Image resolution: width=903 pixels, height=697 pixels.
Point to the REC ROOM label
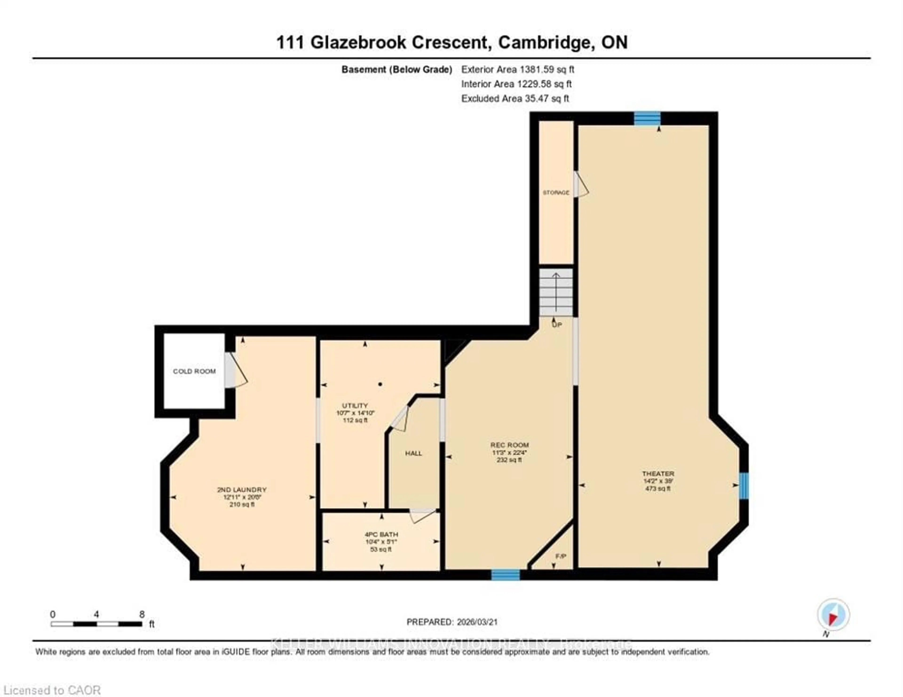coord(509,445)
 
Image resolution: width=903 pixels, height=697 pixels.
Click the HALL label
coord(413,453)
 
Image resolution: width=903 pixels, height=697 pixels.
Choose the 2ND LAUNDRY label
coord(242,490)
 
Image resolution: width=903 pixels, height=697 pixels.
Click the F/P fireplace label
coord(561,556)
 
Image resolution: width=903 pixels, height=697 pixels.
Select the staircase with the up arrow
coord(556,292)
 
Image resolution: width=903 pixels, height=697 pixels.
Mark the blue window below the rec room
coord(505,574)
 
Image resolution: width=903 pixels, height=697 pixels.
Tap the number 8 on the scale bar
coord(142,614)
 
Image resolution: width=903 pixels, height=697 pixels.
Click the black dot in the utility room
coord(380,384)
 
